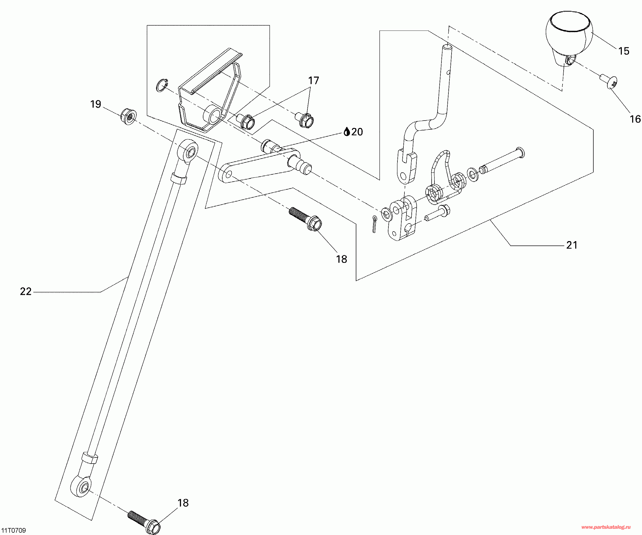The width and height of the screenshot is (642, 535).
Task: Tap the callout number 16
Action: [635, 119]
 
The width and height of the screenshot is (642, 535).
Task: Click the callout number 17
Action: [313, 81]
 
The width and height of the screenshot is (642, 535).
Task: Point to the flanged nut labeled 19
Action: [128, 116]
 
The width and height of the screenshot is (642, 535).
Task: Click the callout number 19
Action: [96, 104]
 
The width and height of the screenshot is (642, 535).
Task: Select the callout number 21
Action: [572, 245]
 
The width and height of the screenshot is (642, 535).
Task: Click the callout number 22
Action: [26, 292]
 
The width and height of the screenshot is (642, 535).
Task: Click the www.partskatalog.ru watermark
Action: [606, 527]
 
